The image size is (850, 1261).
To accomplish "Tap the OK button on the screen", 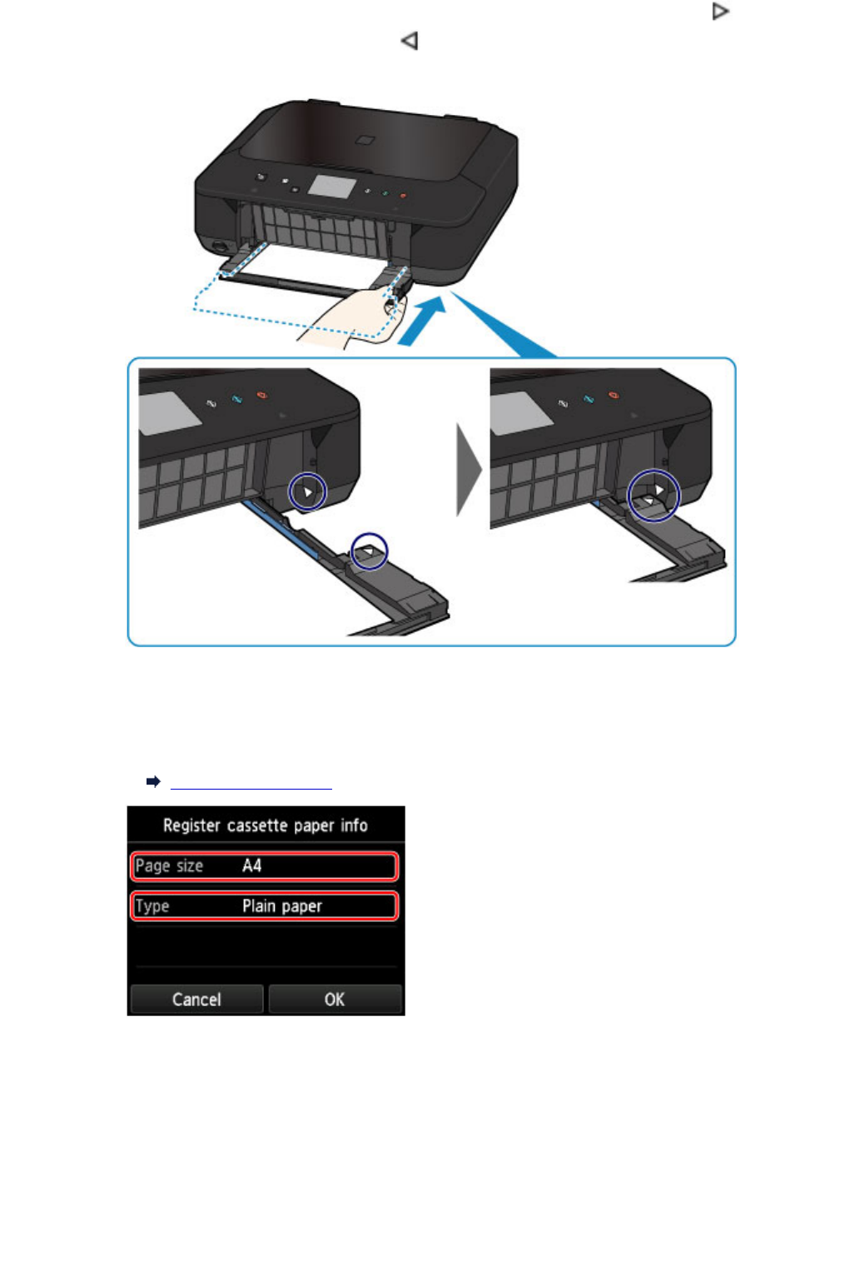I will [335, 999].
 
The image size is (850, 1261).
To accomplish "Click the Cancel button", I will [196, 999].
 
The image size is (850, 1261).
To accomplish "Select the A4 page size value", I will [251, 865].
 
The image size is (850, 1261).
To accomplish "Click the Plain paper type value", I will [281, 905].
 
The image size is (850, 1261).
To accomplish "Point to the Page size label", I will [169, 865].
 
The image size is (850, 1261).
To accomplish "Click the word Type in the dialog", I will [152, 905].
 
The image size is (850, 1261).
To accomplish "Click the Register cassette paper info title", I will [265, 825].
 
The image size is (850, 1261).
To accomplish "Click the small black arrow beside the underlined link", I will [153, 781].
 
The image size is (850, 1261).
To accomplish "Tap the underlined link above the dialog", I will [251, 783].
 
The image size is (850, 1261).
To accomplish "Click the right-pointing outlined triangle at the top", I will [720, 12].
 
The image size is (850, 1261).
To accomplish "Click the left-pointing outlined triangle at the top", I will [409, 40].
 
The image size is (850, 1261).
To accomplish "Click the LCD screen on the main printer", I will [331, 186].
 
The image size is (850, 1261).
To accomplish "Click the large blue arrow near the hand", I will [422, 321].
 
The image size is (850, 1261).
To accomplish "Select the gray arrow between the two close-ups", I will [469, 470].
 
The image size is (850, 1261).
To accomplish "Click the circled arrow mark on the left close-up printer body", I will [307, 491].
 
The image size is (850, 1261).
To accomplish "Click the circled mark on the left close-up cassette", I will [369, 551].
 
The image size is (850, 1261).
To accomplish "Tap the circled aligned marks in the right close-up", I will [654, 496].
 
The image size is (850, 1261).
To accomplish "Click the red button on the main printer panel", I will [402, 196].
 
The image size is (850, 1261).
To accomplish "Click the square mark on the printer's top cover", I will [364, 141].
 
